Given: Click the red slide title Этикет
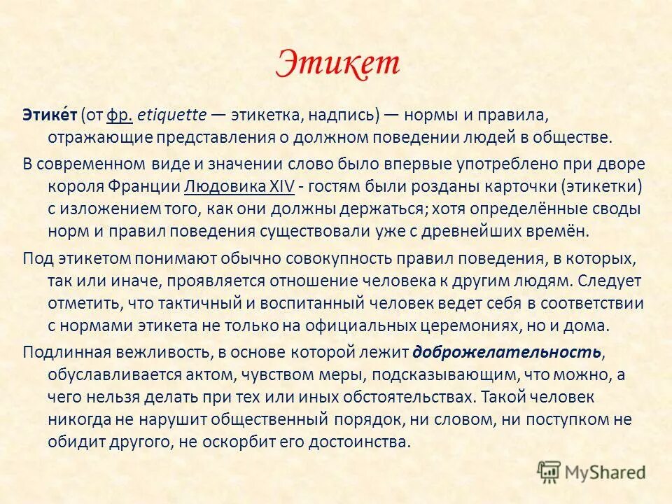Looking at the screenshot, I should (338, 64).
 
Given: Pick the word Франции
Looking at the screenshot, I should (144, 187).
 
